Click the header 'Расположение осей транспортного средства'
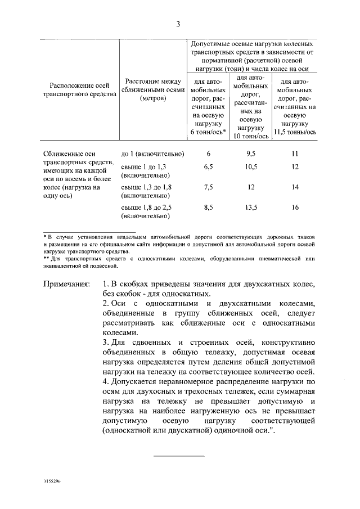coord(79,90)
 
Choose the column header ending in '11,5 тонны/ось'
coord(295,107)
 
